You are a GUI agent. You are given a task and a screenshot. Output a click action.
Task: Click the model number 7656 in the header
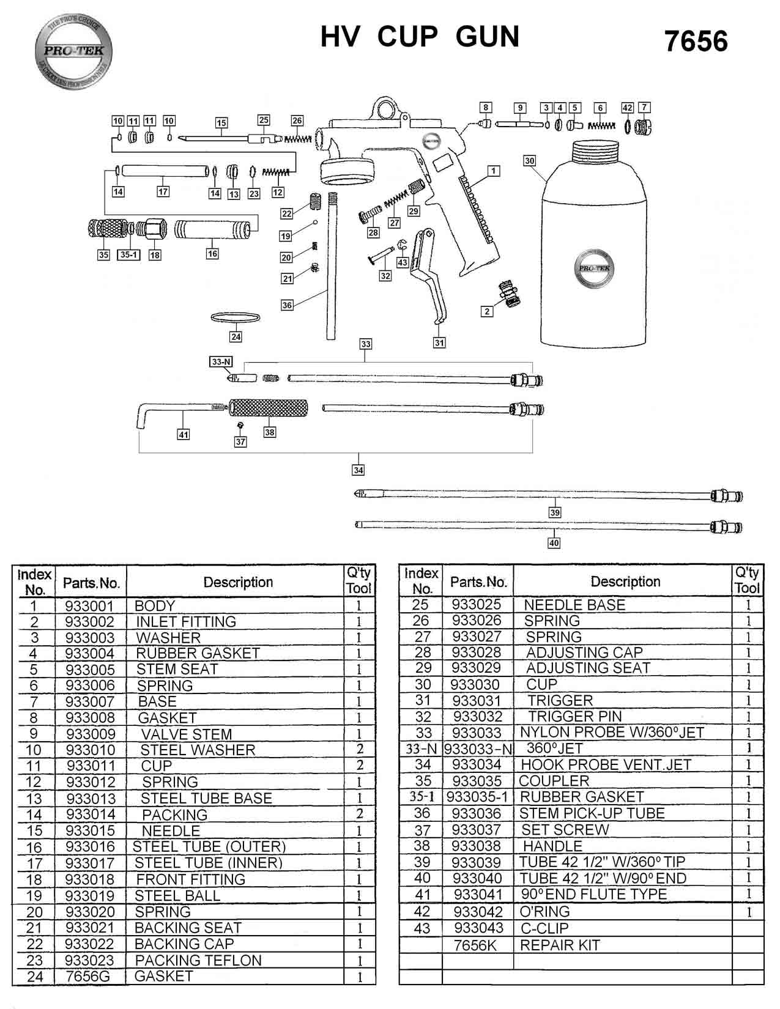pos(696,42)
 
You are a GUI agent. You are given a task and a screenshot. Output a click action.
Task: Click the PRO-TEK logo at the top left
pos(73,51)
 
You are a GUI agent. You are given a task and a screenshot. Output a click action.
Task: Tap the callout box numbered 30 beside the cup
pos(530,161)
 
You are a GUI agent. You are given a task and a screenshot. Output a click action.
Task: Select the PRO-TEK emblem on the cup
pos(594,268)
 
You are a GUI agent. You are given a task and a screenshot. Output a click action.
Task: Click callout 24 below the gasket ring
pos(236,337)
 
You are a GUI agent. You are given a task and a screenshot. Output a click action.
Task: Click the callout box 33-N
pos(221,362)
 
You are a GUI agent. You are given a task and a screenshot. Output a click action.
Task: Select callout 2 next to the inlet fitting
pos(487,311)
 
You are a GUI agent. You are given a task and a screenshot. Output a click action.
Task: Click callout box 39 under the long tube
pos(554,512)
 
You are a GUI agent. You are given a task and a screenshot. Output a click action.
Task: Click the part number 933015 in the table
pos(90,830)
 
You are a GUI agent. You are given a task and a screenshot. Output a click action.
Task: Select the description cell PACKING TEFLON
pos(198,960)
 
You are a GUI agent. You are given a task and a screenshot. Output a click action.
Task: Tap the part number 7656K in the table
pos(475,945)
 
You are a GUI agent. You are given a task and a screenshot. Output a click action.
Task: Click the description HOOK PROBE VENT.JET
pos(605,764)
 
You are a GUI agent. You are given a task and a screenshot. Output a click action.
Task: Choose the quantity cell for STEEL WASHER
pos(360,749)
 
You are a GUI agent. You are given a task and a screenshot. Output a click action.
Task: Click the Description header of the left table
pos(238,582)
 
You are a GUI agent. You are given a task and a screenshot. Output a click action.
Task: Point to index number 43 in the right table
pos(422,928)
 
